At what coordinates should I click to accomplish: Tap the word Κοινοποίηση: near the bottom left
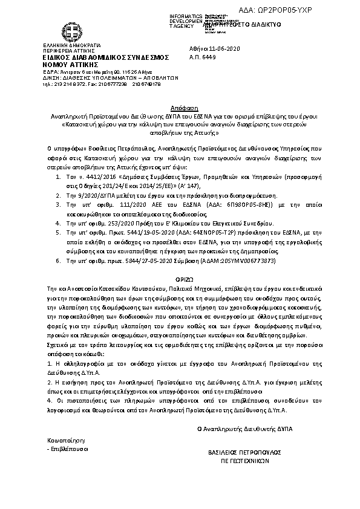67,441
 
